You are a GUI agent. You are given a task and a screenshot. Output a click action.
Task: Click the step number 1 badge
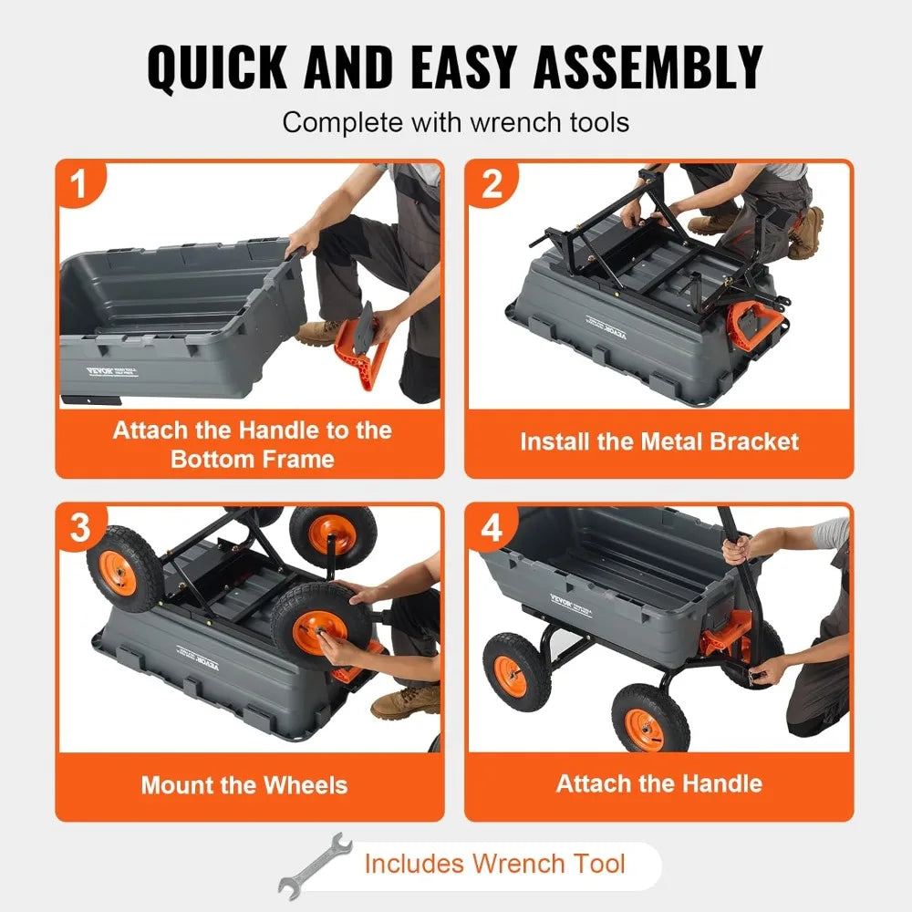[x=80, y=184]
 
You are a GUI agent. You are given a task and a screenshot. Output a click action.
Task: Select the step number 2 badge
[x=492, y=184]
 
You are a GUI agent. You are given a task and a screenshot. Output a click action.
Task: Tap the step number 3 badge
[x=80, y=528]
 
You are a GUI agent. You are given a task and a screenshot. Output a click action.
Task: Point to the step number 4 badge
[x=492, y=528]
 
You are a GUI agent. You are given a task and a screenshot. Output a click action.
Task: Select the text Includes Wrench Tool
[x=494, y=864]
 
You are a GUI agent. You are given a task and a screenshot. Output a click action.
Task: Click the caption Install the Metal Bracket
[x=658, y=442]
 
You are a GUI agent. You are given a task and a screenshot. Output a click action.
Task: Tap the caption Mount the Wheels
[x=244, y=785]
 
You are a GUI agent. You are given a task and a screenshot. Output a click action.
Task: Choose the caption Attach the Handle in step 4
[x=658, y=783]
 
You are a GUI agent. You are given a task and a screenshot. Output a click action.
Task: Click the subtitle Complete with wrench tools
[x=455, y=122]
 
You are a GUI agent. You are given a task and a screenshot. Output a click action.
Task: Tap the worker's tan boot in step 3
[x=404, y=702]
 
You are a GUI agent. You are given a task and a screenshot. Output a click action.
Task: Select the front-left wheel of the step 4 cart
[x=517, y=670]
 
